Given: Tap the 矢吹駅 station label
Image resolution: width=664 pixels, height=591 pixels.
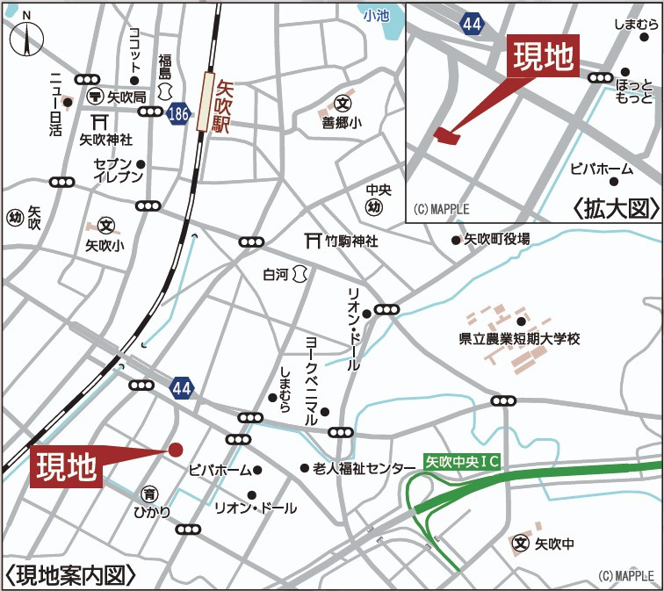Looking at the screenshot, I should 223,102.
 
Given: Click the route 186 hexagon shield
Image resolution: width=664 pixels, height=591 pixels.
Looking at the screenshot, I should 178,112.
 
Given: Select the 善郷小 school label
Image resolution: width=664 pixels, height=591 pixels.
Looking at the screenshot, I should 342,123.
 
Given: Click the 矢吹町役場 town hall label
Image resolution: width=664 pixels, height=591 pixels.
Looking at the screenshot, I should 496,239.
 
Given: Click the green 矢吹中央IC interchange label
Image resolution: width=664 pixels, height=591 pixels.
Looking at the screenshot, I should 462,460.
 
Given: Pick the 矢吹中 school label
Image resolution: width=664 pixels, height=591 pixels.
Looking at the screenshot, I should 554,544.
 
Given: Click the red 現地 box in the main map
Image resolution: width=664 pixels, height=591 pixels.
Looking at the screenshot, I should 67,466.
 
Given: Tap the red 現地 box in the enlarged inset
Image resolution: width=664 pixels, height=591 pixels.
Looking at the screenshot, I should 544,58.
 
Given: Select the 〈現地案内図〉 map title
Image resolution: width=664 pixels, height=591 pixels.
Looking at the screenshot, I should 72,575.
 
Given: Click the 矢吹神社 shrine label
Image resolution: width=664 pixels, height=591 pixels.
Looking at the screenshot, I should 105,138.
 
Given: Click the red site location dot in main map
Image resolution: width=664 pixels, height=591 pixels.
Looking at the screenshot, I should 176,449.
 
